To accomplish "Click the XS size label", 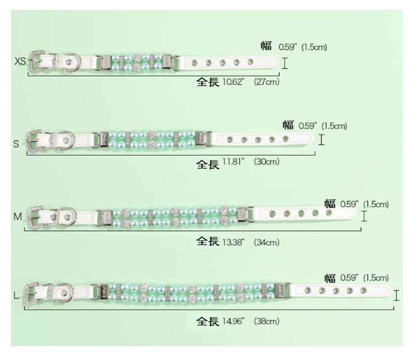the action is click(x=20, y=61).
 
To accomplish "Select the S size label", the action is click(x=16, y=144).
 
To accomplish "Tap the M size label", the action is click(x=18, y=217).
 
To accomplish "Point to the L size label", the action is click(x=16, y=296).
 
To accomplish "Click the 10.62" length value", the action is click(x=233, y=82).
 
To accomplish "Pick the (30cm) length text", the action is click(x=267, y=161).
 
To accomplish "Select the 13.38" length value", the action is click(x=233, y=242).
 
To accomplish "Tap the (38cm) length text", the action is click(x=267, y=321).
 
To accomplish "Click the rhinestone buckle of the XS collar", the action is click(x=36, y=61).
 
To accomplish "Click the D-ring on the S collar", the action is click(x=66, y=140).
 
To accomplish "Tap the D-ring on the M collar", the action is click(x=67, y=217).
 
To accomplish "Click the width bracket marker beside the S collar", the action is click(x=322, y=140).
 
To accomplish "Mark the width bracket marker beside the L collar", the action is click(x=396, y=295).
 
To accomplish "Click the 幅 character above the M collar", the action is click(x=330, y=204).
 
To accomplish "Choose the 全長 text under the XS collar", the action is click(x=208, y=82).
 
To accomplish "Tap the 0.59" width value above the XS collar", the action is click(x=287, y=47).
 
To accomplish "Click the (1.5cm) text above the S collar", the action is click(x=334, y=126).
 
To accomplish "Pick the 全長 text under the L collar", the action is click(x=208, y=321).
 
